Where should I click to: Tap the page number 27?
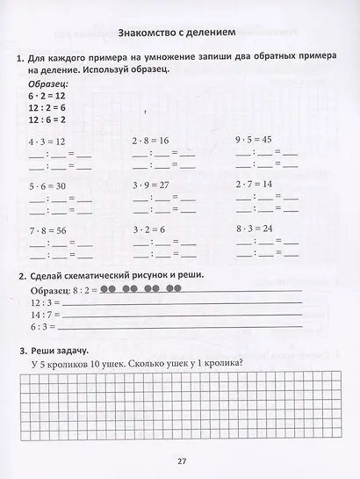point(179,459)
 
